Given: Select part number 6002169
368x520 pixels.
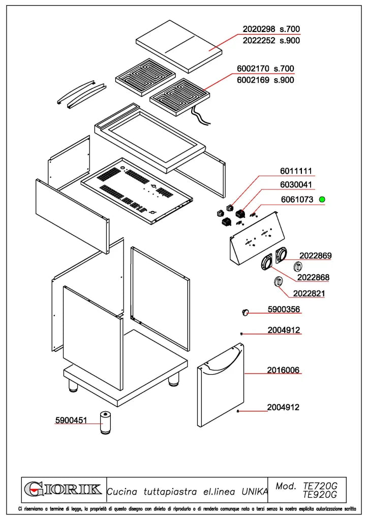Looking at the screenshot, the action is coord(253,80).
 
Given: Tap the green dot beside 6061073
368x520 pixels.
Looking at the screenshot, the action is coord(322,199).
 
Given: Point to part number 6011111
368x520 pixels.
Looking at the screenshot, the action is coord(296,171).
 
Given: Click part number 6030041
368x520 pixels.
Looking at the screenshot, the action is coord(296,185).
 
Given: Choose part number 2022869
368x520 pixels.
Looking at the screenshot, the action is coord(315,256).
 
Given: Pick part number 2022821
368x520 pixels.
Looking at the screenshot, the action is coord(309,294).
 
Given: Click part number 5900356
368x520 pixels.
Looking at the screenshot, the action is coord(284,309).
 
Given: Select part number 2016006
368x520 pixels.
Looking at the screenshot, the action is coord(284,370).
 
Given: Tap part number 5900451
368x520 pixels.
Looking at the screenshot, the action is coord(71,420).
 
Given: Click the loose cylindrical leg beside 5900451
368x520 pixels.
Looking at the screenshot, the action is coord(105,422).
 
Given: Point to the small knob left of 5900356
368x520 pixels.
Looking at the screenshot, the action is coord(245,312).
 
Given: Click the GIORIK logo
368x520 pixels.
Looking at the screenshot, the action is coord(63,490).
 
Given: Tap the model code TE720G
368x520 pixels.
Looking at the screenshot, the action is coord(320,486).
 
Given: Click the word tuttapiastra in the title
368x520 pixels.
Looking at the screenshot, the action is coord(170,492).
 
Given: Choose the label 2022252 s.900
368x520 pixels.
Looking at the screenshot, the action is coord(271,41).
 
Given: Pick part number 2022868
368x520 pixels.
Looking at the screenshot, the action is coord(313,277).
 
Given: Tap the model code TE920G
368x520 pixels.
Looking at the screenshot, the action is coord(320,495).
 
